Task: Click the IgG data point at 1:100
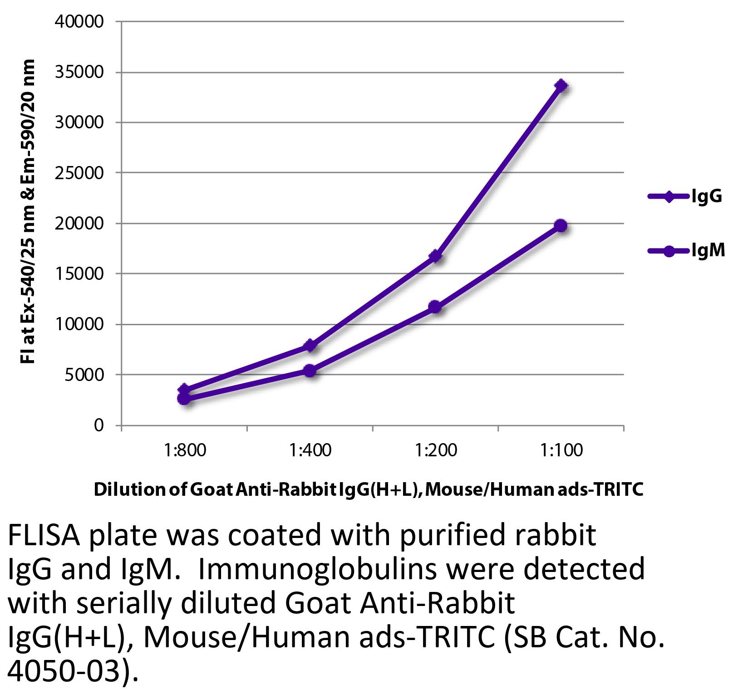pos(561,85)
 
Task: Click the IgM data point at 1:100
pos(561,225)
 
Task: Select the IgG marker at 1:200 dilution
pos(436,256)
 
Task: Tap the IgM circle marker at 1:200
pos(435,307)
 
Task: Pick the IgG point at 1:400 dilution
pos(310,346)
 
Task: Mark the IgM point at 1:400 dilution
pos(310,371)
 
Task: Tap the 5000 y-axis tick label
pos(85,375)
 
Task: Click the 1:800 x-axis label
pos(185,450)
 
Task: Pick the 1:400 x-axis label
pos(310,450)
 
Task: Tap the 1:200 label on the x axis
pos(436,450)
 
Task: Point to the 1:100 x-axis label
pos(561,450)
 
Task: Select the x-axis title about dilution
pos(368,490)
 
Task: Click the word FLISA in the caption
pos(44,537)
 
